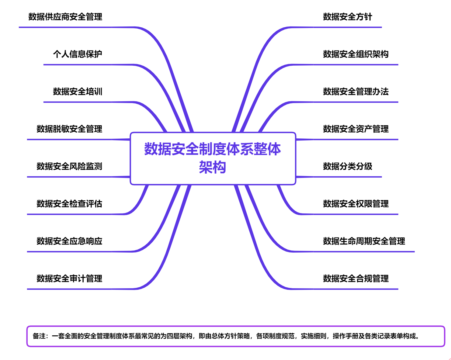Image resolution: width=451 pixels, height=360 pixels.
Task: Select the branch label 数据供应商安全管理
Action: (65, 17)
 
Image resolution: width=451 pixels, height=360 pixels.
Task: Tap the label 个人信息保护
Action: (78, 54)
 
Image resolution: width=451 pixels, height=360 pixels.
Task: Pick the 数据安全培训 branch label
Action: (78, 92)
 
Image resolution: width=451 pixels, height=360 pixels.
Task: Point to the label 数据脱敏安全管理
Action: (69, 129)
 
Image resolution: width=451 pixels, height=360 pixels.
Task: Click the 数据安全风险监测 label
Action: (69, 166)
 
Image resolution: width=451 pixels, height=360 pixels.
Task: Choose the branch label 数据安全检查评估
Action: (69, 204)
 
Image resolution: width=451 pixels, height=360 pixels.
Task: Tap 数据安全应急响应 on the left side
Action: (69, 241)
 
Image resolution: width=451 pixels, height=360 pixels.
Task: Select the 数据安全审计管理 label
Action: (69, 279)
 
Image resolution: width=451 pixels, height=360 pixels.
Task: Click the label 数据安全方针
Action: (348, 17)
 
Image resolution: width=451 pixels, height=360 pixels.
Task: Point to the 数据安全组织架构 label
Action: (356, 54)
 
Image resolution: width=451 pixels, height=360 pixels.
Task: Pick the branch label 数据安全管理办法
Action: (356, 92)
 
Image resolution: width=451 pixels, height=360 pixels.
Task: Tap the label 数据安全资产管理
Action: (356, 129)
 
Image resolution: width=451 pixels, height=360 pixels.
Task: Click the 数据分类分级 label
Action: (348, 166)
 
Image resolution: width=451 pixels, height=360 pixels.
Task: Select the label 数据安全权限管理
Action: (356, 204)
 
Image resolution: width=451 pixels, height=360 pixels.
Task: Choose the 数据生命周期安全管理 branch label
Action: (364, 241)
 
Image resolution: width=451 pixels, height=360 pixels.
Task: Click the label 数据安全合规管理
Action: (356, 279)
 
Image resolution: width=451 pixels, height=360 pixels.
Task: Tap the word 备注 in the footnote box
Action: (39, 336)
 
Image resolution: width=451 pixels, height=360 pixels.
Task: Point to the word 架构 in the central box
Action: (213, 167)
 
